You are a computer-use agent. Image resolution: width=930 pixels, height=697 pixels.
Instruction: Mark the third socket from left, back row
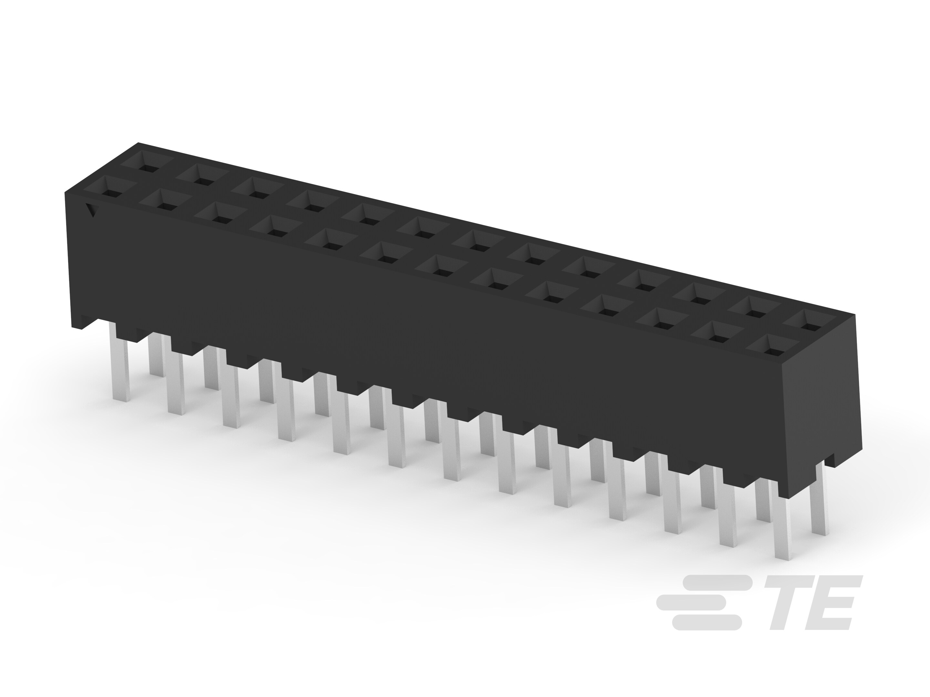257,193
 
